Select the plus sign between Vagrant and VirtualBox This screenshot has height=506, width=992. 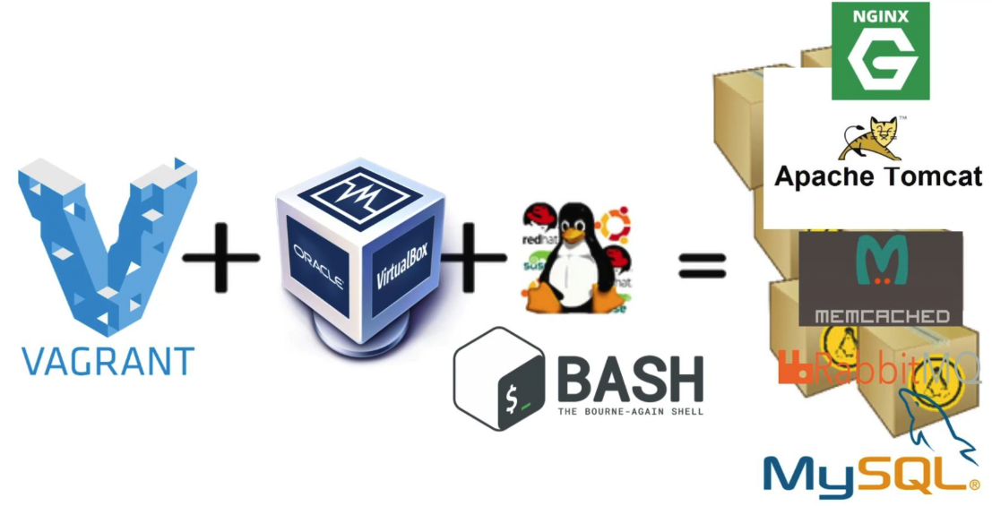point(220,259)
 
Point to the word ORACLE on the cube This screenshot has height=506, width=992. point(317,265)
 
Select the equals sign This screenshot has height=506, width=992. point(702,264)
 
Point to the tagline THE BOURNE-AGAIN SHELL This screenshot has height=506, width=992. point(629,412)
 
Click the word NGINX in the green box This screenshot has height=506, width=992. point(880,16)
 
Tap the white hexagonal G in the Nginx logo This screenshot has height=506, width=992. point(880,59)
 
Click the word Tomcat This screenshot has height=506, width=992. point(928,176)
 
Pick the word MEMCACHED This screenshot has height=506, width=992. point(882,316)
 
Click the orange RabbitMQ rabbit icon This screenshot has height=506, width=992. point(794,367)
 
